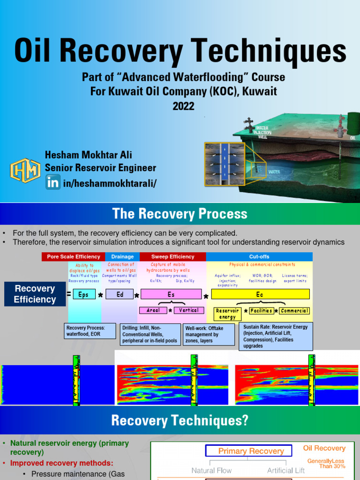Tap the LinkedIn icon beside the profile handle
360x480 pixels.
click(52, 182)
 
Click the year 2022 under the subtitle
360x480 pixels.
click(183, 106)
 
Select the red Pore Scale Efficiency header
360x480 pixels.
click(73, 256)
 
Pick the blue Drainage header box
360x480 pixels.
click(122, 256)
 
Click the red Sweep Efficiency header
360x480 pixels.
click(172, 256)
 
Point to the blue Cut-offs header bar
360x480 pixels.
click(259, 256)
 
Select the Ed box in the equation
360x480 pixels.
click(120, 294)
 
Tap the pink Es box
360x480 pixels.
click(171, 294)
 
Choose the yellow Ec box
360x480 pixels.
click(260, 294)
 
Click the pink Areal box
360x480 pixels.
click(153, 310)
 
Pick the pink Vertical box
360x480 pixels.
click(189, 310)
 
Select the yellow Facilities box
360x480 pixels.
click(261, 311)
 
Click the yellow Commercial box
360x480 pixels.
click(294, 311)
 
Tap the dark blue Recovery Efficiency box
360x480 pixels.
click(35, 294)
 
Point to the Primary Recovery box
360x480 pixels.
click(248, 451)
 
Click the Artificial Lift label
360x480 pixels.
click(286, 470)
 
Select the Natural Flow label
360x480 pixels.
click(212, 470)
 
